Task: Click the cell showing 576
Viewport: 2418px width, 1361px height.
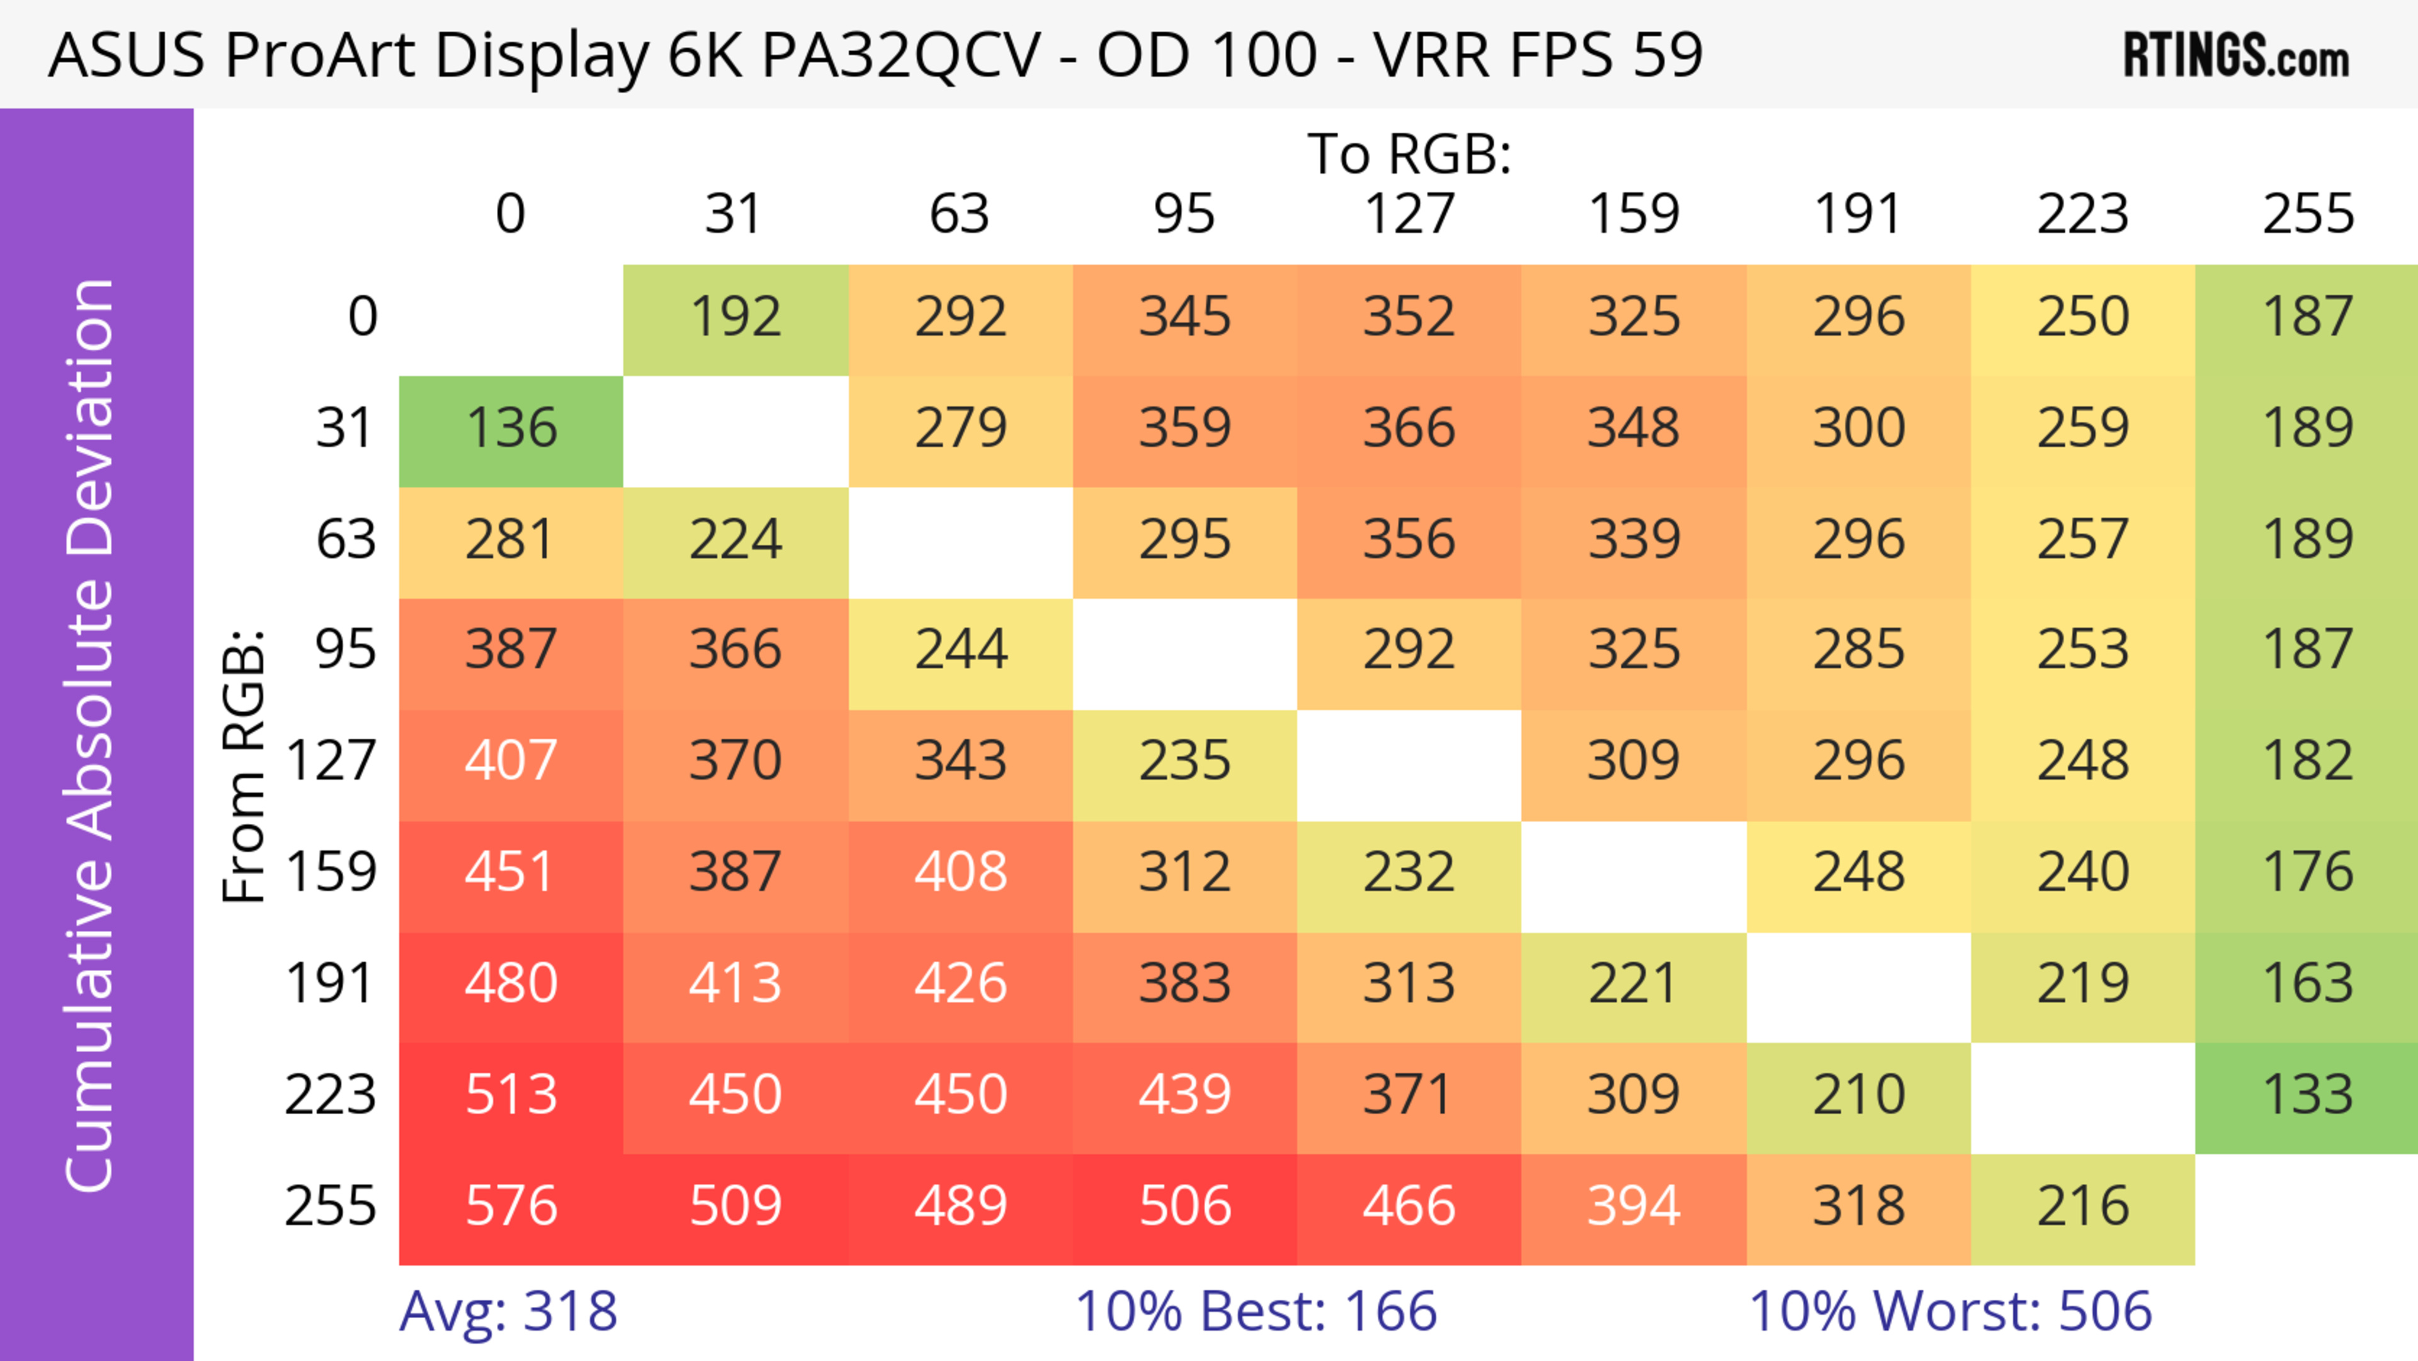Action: (x=511, y=1208)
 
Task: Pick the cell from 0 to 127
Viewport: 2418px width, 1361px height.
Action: (x=1409, y=318)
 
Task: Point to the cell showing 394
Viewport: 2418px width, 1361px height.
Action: (x=1633, y=1208)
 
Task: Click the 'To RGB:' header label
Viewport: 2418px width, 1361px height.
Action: (x=1409, y=155)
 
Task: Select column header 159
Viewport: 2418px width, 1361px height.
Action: (x=1633, y=215)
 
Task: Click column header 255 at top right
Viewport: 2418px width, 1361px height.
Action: (x=2307, y=215)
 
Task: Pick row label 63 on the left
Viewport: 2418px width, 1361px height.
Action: (x=346, y=540)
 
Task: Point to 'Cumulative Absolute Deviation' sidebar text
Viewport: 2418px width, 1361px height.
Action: (x=91, y=735)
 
